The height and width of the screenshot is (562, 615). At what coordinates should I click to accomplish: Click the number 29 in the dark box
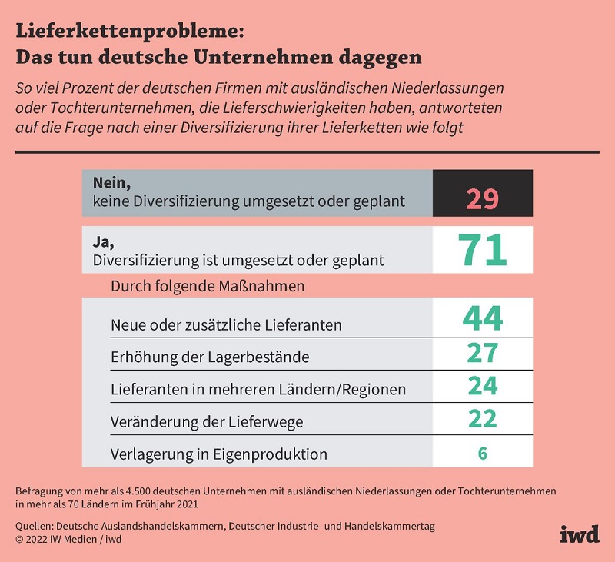(482, 198)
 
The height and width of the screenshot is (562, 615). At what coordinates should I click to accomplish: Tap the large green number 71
(482, 250)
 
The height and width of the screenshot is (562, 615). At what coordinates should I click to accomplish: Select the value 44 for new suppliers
(482, 318)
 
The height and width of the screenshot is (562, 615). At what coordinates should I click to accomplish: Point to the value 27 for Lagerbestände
(482, 353)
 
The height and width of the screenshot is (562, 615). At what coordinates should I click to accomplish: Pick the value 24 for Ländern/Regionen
(482, 385)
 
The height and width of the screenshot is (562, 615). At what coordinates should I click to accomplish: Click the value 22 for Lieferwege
(482, 417)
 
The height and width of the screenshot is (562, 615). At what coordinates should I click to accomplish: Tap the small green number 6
(483, 453)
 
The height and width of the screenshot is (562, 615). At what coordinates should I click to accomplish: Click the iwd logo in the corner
(579, 534)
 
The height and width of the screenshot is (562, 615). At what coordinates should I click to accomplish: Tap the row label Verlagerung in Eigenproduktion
(219, 454)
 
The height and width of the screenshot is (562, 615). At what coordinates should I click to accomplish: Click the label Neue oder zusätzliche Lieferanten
(226, 325)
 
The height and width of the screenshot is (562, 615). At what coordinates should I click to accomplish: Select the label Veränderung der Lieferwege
(207, 421)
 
